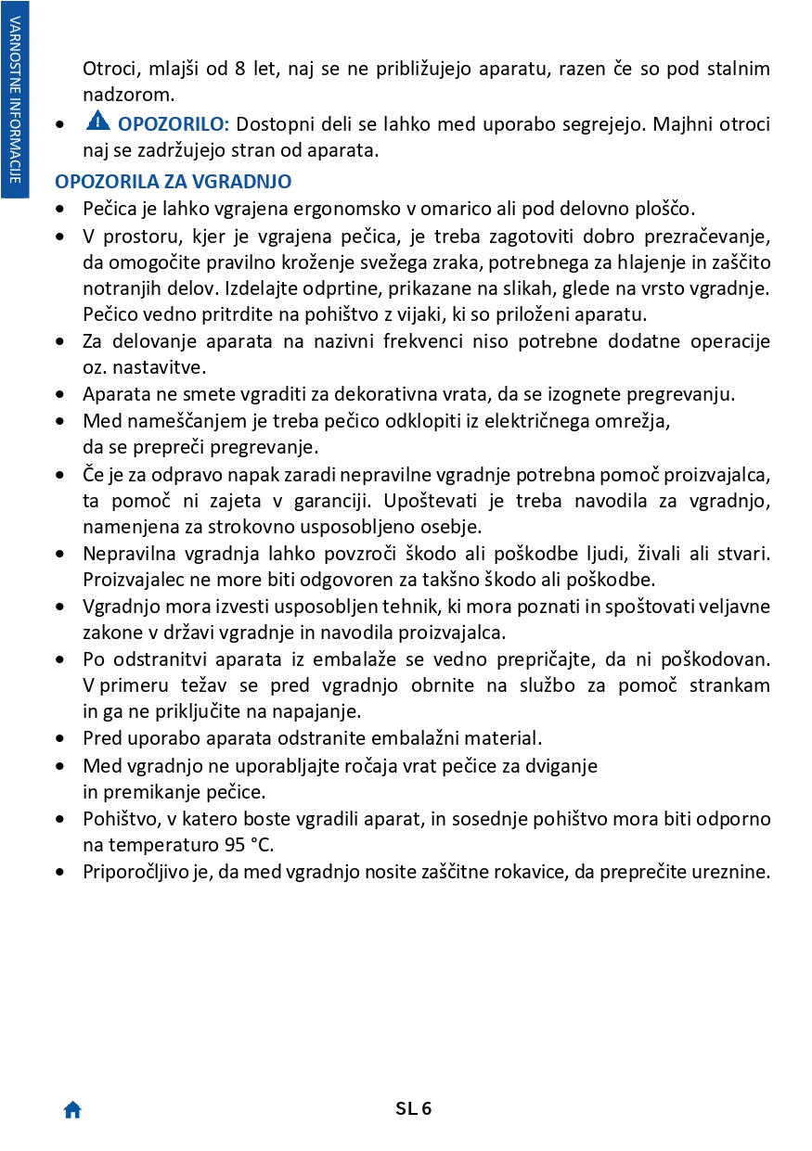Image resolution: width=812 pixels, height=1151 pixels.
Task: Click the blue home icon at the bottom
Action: (x=72, y=1109)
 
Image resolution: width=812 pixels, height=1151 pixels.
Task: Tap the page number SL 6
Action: (x=414, y=1108)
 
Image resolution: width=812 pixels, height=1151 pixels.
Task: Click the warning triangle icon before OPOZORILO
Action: (x=98, y=121)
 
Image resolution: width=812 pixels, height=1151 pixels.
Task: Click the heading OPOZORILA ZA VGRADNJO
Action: (x=174, y=182)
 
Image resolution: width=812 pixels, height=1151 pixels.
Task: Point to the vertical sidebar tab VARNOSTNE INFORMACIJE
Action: (x=15, y=98)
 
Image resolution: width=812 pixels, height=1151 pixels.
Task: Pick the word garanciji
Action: (x=307, y=501)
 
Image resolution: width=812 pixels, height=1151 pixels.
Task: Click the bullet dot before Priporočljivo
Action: (x=61, y=873)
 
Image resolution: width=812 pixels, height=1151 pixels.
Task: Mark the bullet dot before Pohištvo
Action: (x=61, y=820)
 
